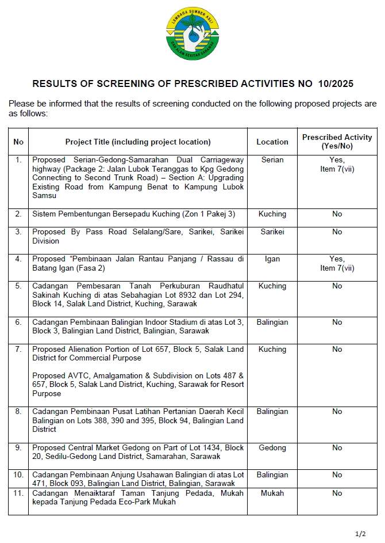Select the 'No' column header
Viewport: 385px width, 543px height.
(18, 142)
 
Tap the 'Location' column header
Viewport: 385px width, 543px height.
(272, 142)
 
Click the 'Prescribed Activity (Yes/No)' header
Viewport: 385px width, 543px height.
(337, 142)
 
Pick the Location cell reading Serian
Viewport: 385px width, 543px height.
(272, 160)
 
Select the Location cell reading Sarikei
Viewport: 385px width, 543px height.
(272, 232)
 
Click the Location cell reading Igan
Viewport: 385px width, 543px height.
(272, 259)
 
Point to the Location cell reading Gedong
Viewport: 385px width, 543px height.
(272, 448)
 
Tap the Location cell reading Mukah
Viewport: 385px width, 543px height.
(272, 493)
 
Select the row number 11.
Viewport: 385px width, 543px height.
(18, 493)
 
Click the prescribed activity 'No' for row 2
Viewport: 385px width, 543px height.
(337, 214)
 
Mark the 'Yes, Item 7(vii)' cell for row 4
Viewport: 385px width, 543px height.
(337, 264)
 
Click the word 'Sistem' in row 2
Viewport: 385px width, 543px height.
(44, 214)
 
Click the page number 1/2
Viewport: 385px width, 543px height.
(360, 534)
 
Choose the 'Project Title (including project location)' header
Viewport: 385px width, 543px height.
(138, 142)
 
